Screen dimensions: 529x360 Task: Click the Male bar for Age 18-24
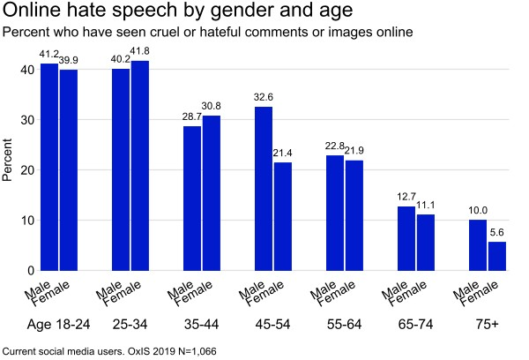click(x=49, y=167)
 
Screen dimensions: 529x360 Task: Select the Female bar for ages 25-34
click(x=140, y=166)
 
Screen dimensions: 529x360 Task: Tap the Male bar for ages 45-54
click(x=264, y=189)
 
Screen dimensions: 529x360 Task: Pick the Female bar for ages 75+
click(x=497, y=256)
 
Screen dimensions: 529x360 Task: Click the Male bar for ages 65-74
click(x=406, y=238)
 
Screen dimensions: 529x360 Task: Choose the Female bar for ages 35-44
click(x=212, y=193)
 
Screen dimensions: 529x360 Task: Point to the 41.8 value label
click(x=139, y=51)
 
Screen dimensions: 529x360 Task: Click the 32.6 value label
click(x=264, y=97)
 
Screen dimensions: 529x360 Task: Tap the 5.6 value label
click(x=497, y=232)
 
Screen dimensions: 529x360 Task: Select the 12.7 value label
click(x=406, y=197)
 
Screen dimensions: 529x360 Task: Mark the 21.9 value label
click(x=354, y=151)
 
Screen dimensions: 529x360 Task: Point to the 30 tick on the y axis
click(x=27, y=120)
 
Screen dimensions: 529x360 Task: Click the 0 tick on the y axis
click(x=32, y=271)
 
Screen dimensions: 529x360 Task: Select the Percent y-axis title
click(x=7, y=160)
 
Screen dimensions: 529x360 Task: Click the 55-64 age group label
click(x=344, y=325)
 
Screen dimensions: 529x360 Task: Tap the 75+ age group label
click(x=488, y=325)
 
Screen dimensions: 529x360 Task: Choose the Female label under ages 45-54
click(x=265, y=294)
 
